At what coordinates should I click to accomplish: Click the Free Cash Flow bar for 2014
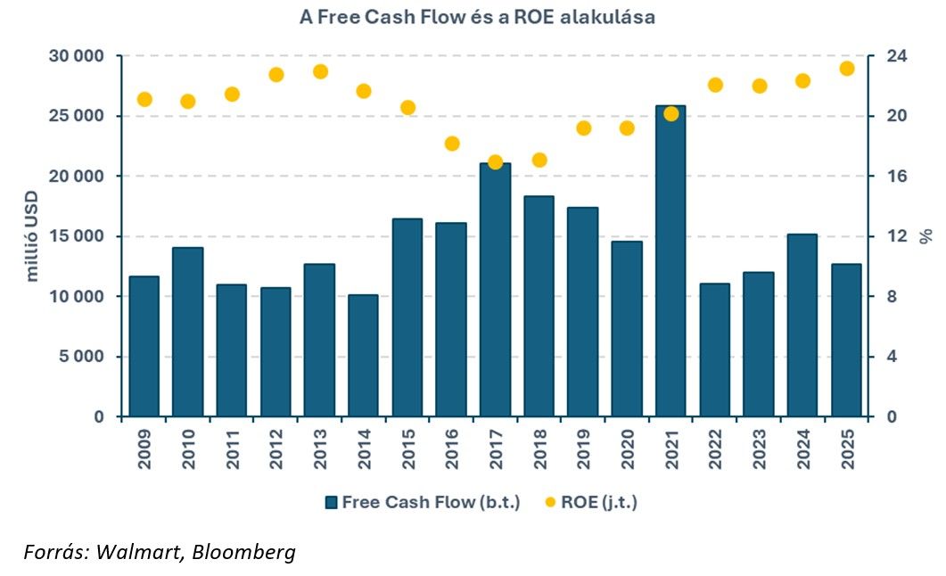363,356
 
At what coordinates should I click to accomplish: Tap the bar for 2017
495,290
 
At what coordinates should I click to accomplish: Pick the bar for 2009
144,347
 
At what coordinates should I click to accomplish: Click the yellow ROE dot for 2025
847,69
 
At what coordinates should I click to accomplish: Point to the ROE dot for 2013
320,71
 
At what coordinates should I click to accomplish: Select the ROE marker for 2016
452,144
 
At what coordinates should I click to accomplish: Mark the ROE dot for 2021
671,113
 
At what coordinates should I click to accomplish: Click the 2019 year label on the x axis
584,449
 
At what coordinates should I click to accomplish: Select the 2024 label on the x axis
803,449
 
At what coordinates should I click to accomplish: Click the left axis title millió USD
33,237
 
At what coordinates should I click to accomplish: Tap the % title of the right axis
926,236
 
